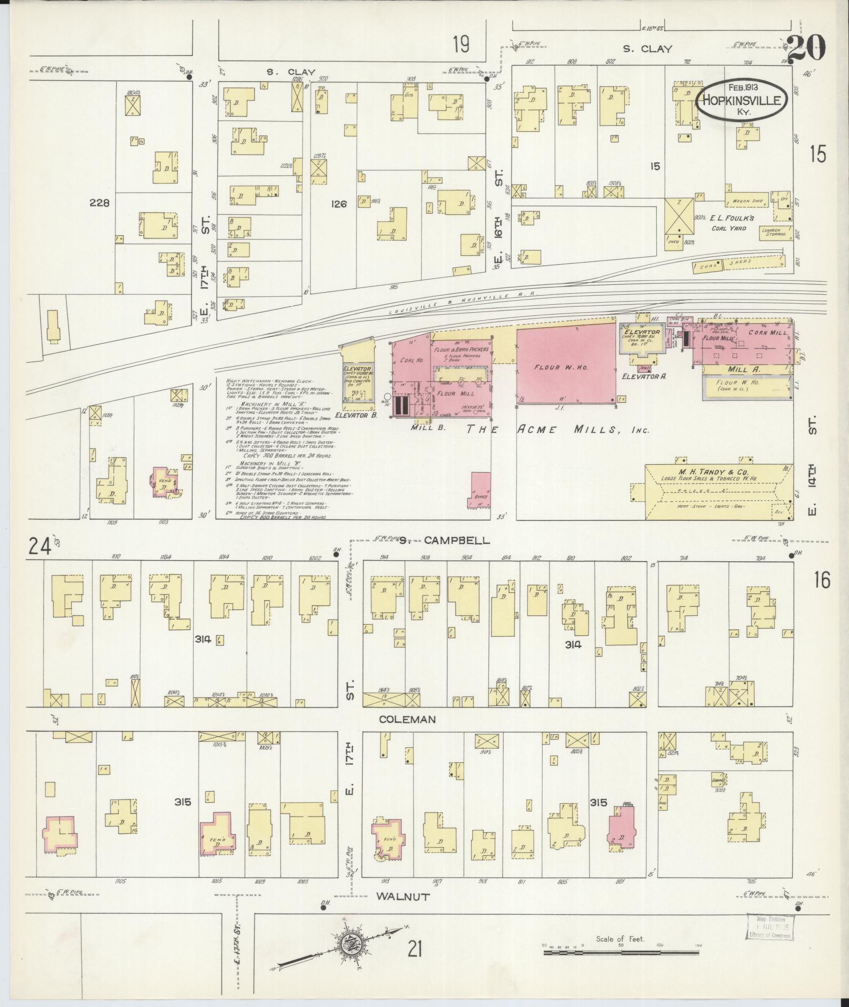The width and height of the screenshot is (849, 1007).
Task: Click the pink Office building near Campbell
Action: (481, 490)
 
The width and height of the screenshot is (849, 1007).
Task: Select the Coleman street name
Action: (408, 719)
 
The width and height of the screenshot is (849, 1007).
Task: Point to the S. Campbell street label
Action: (444, 541)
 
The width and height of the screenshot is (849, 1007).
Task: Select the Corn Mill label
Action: (770, 333)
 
